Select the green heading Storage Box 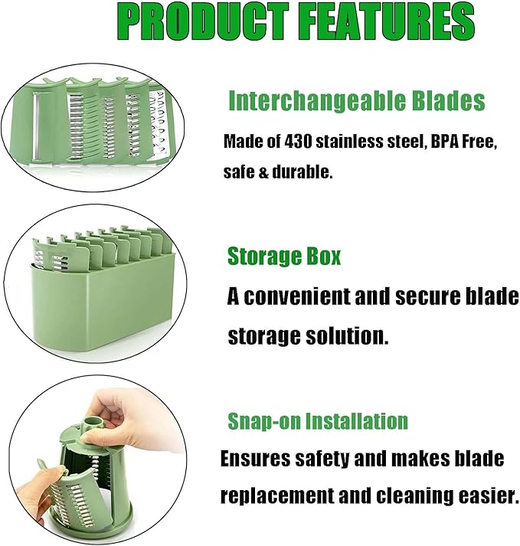284,257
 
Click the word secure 442,297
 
